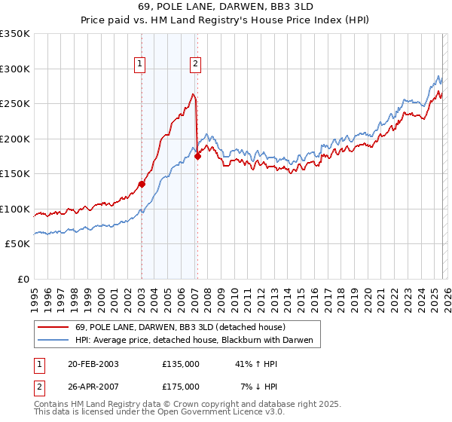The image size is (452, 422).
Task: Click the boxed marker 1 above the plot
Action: pyautogui.click(x=140, y=65)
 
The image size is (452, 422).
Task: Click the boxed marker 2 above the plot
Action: pyautogui.click(x=195, y=65)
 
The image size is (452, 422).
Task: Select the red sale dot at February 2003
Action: pyautogui.click(x=142, y=184)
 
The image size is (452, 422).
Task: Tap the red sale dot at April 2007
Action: pyautogui.click(x=197, y=156)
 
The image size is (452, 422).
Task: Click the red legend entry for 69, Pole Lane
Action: pyautogui.click(x=179, y=327)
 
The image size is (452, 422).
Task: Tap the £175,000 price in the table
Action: pyautogui.click(x=180, y=387)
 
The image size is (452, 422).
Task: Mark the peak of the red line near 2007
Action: pyautogui.click(x=194, y=94)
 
